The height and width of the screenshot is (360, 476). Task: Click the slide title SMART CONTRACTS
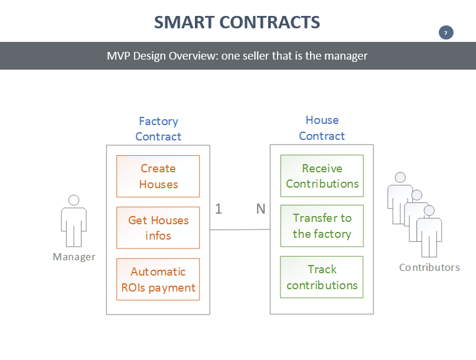coord(237,22)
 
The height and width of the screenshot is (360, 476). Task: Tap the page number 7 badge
coord(446,33)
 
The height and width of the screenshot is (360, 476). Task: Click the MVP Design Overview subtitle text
coord(237,56)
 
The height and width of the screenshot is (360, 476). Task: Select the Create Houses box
coord(158,176)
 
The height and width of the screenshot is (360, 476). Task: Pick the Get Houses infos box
coord(158,228)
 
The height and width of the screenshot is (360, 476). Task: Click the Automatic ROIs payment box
coord(158,280)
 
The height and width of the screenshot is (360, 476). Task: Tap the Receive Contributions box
coord(322,176)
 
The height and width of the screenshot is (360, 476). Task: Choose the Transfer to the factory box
coord(322,226)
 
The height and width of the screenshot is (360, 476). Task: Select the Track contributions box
coord(322,277)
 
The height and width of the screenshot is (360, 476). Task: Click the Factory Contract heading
coord(158,129)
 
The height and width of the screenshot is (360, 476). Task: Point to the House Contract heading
coord(322,128)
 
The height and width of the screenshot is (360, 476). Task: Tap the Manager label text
coord(74,257)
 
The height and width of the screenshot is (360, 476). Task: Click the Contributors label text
coord(429,267)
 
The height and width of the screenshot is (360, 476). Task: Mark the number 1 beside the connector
coord(219,208)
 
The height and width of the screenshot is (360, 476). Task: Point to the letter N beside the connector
coord(260,208)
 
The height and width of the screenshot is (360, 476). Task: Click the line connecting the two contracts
coord(239,230)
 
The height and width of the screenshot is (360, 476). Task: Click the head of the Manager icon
coord(74,200)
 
